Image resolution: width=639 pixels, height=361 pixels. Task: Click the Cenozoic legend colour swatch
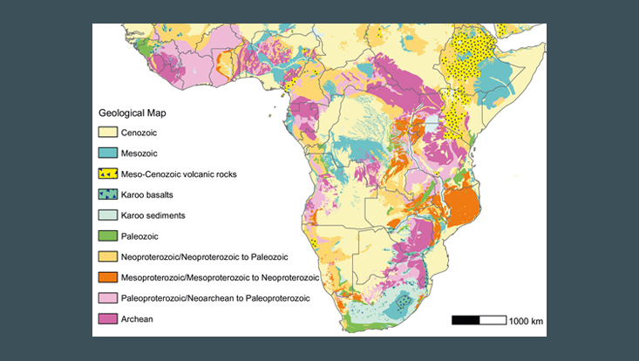click(x=107, y=133)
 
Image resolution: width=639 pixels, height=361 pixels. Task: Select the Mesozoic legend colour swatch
click(x=107, y=153)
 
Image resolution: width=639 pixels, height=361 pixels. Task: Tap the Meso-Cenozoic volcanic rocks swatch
click(x=107, y=174)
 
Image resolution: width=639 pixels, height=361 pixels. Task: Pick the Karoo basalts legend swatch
click(x=107, y=194)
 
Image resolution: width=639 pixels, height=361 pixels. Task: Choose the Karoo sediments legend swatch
click(x=107, y=215)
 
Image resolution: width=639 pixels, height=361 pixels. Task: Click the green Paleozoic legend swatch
click(x=107, y=235)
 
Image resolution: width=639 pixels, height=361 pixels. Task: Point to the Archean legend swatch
click(x=107, y=319)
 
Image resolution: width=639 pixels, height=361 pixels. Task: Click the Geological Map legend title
click(x=133, y=113)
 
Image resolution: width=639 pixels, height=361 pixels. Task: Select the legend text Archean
click(x=139, y=319)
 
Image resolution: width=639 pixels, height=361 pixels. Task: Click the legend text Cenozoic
click(x=142, y=133)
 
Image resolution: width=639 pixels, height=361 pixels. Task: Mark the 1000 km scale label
click(x=527, y=321)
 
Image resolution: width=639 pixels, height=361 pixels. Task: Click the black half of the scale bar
click(x=466, y=321)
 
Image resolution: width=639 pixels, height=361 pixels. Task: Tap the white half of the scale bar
click(x=493, y=321)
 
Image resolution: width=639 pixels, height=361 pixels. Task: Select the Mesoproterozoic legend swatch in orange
click(x=107, y=277)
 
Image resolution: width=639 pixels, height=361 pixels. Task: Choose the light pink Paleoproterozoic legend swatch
click(x=107, y=298)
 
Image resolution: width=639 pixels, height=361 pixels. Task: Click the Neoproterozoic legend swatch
click(x=107, y=256)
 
